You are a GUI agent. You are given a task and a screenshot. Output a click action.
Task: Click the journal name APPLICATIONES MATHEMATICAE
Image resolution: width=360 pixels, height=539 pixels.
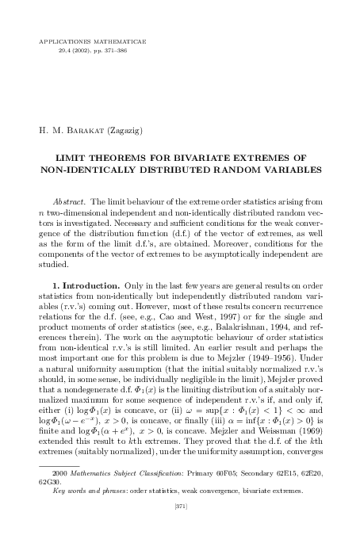(x=87, y=38)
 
